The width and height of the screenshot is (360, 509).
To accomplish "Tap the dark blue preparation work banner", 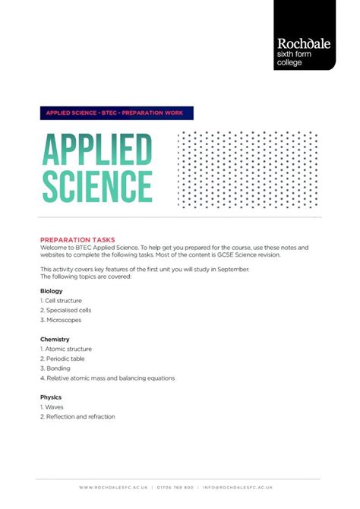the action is [117, 113].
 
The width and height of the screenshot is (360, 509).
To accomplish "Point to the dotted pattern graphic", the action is [247, 169].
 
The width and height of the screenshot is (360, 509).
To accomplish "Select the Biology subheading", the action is [51, 291].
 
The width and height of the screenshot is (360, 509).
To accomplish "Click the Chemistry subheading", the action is [55, 339].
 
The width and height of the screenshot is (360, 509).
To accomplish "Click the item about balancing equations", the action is [107, 378].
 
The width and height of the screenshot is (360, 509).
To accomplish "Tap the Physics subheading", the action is [51, 397].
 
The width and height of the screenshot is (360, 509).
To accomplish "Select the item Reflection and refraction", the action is [77, 416].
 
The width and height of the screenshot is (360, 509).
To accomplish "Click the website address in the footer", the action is [113, 487].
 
